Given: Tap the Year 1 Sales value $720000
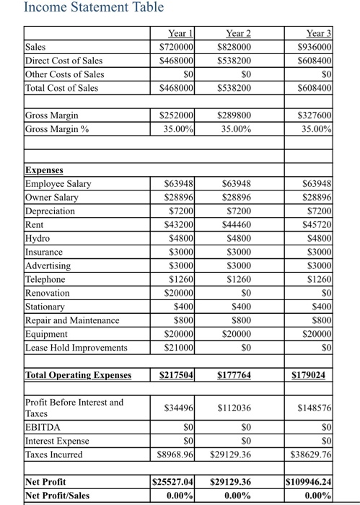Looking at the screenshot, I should coord(177,47).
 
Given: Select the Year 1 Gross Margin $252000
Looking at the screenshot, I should coord(177,116).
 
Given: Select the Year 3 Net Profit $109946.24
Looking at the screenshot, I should coord(310,481).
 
